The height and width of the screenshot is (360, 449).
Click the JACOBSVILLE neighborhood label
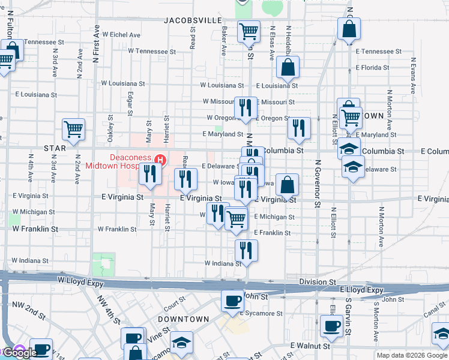(193, 20)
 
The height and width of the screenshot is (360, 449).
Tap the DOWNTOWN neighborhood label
(183, 319)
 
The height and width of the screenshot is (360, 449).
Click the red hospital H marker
(160, 160)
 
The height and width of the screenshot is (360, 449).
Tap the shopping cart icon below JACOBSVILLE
(248, 31)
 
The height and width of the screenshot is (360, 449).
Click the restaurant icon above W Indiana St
(246, 250)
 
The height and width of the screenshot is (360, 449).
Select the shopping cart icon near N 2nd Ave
(73, 129)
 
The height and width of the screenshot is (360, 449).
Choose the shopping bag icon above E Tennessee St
(349, 29)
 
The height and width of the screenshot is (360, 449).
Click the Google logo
(20, 353)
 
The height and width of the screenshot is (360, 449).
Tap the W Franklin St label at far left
(35, 229)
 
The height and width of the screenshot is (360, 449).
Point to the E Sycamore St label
(261, 313)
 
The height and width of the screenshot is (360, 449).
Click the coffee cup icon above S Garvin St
(330, 326)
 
